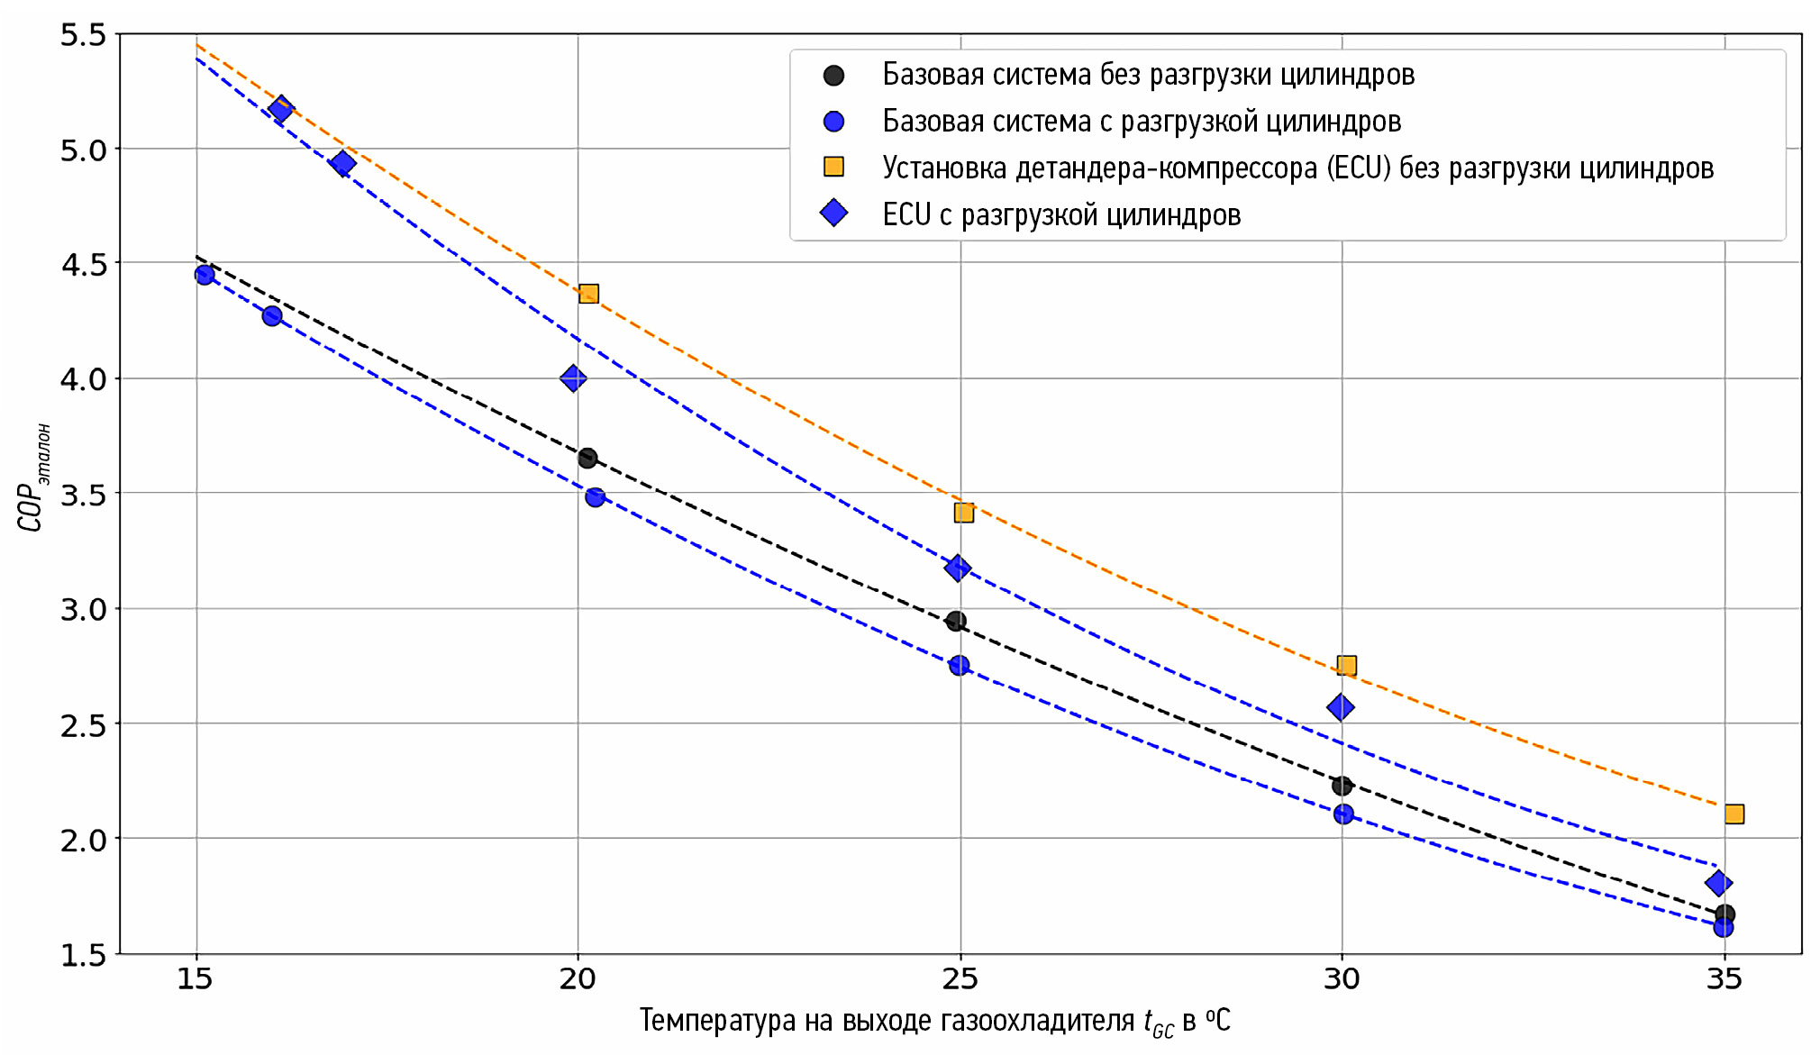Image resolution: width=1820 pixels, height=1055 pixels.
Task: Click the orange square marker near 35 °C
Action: (x=1734, y=814)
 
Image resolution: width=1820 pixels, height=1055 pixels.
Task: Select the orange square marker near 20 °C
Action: (x=588, y=294)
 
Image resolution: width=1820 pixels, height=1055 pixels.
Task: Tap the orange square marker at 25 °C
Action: (x=963, y=513)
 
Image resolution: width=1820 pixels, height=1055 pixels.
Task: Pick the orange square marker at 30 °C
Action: (x=1346, y=666)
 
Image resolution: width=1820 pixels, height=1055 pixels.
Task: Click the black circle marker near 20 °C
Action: (x=587, y=459)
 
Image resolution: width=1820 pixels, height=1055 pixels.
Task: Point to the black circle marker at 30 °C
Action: (x=1342, y=786)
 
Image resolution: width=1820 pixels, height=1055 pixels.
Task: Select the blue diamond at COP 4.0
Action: (x=573, y=378)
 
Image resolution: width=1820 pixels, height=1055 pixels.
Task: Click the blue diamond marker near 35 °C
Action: (x=1718, y=883)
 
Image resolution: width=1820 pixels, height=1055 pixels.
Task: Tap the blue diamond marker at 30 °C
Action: (x=1340, y=707)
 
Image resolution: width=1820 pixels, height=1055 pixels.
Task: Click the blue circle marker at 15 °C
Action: (x=205, y=275)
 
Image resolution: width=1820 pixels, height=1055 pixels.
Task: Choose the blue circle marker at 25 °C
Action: (x=960, y=666)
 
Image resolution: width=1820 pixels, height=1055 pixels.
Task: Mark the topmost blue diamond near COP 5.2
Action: (x=281, y=110)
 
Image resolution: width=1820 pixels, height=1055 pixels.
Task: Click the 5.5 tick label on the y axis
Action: (x=83, y=35)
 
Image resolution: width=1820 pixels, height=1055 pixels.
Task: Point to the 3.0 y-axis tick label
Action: (x=83, y=610)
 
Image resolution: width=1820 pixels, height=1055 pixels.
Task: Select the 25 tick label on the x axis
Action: (x=960, y=979)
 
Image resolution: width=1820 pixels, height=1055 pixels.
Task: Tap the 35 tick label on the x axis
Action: (x=1724, y=979)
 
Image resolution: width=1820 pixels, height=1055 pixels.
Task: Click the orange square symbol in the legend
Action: (x=834, y=168)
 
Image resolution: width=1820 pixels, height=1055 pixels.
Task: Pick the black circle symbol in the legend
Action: (x=834, y=75)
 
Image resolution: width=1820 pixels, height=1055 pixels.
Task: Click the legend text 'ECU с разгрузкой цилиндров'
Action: (x=1061, y=214)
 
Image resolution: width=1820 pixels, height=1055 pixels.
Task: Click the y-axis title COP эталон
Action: (x=33, y=477)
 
